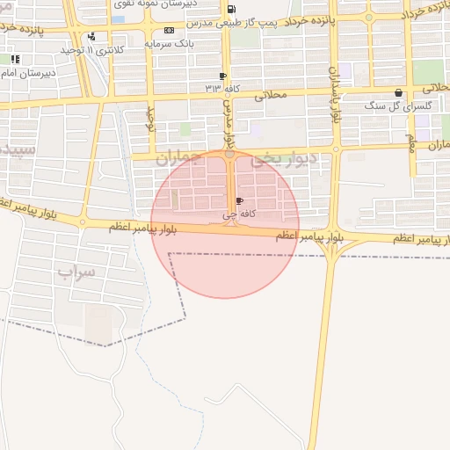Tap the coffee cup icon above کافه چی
[239, 201]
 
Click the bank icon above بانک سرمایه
[169, 29]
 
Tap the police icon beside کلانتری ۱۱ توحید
[92, 37]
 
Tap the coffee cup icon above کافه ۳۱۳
[222, 76]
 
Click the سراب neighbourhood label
[76, 272]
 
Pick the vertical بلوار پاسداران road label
[334, 92]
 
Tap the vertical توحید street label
[149, 120]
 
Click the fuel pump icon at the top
[231, 10]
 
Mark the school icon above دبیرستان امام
[15, 59]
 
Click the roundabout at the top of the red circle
[229, 155]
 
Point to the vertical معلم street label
[410, 142]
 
